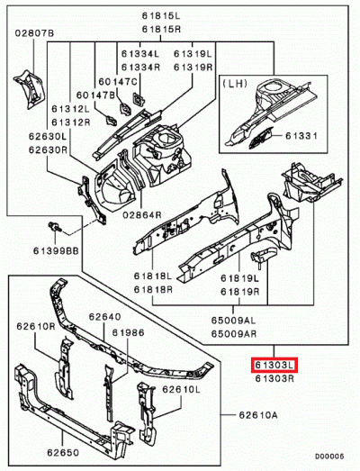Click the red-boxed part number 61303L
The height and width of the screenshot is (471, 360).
[274, 365]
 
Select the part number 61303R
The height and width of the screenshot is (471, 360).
[273, 379]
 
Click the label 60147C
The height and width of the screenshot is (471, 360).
[118, 81]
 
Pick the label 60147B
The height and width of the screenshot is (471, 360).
[95, 94]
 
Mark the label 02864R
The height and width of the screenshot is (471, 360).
[141, 216]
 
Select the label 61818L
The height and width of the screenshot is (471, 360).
[153, 276]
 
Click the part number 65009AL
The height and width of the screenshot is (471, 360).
[232, 320]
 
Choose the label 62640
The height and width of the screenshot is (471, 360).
[103, 317]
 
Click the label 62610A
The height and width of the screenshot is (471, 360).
[258, 415]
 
